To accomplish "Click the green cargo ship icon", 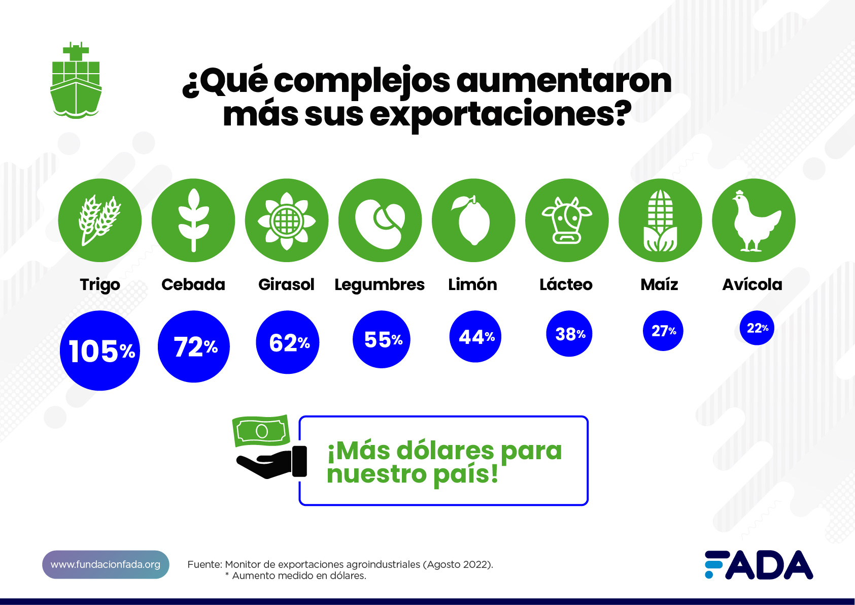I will tap(76, 81).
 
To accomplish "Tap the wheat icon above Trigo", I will tap(99, 220).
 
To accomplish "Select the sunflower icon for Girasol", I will tap(287, 220).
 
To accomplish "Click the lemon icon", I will tap(473, 220).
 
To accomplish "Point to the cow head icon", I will tap(567, 220).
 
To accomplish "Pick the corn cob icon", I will tap(660, 220).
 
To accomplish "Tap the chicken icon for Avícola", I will tap(754, 220).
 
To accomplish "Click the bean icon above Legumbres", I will tap(380, 220).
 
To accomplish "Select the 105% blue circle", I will tap(100, 351).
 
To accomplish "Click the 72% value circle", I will tap(194, 346).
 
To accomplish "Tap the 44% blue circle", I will tap(475, 336).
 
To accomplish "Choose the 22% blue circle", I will tap(757, 328).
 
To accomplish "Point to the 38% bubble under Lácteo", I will tap(569, 334).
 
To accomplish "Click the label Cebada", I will tap(193, 284).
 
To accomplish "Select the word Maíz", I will tap(659, 284).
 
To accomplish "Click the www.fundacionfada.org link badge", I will tap(106, 564).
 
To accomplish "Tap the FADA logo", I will tap(759, 565).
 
